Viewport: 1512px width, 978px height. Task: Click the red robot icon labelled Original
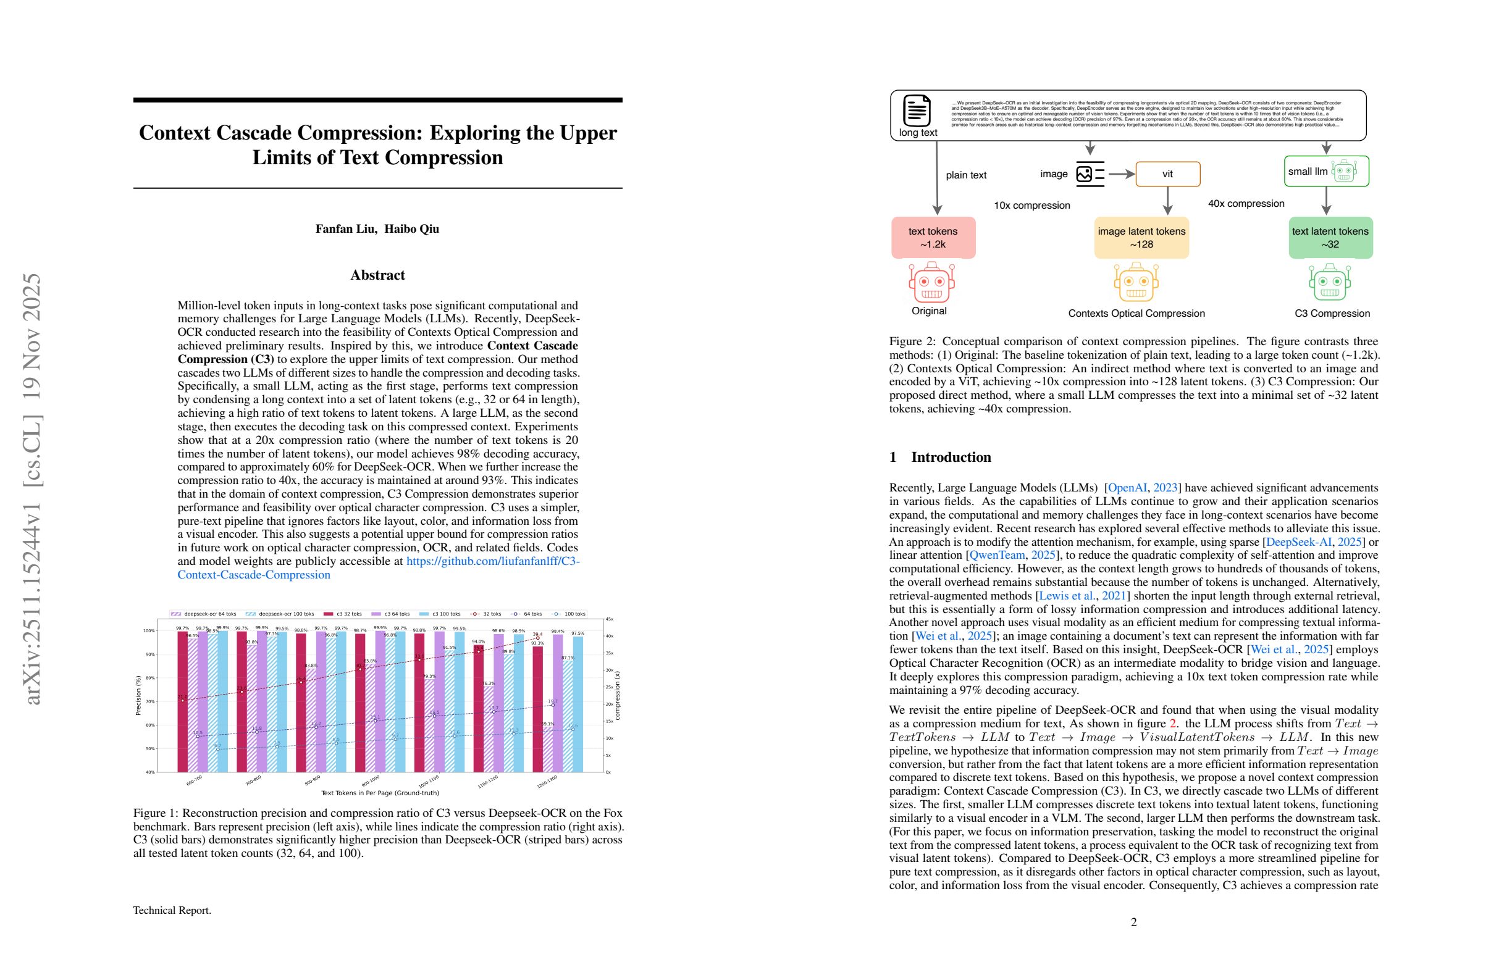tap(931, 283)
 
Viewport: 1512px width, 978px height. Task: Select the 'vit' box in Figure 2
tap(1167, 174)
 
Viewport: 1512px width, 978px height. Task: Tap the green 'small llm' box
tap(1326, 172)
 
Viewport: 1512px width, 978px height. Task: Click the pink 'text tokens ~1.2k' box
tap(933, 238)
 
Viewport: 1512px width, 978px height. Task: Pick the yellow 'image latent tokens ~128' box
tap(1141, 238)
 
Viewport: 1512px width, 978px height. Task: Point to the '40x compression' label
tap(1245, 204)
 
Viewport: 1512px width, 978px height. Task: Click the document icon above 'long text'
tap(917, 111)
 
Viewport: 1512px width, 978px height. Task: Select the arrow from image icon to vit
tap(1121, 174)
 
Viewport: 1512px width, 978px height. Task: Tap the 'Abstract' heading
tap(377, 275)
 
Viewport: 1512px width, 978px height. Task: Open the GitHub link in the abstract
tap(492, 561)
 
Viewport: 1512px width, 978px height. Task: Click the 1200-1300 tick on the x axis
tap(547, 782)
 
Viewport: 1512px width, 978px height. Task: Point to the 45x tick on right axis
tap(609, 619)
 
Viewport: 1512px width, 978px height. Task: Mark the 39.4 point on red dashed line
tap(537, 638)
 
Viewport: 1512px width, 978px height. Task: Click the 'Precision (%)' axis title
tap(138, 695)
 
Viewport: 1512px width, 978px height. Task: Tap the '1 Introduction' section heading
tap(939, 458)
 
